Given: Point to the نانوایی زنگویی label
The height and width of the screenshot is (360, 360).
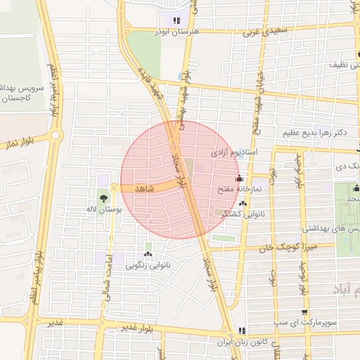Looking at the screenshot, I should pos(148,265).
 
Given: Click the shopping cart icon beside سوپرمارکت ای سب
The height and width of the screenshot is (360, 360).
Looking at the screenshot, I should pos(304,312).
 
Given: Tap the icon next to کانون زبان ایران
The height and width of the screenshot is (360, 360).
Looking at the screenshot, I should pos(241,330).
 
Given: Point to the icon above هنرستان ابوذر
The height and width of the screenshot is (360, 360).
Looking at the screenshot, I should pos(176,21).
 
